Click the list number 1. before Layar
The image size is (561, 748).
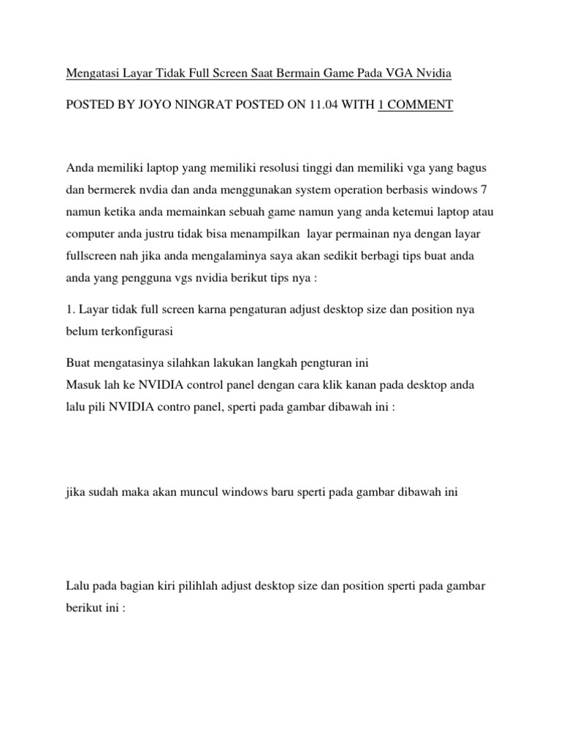71,310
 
